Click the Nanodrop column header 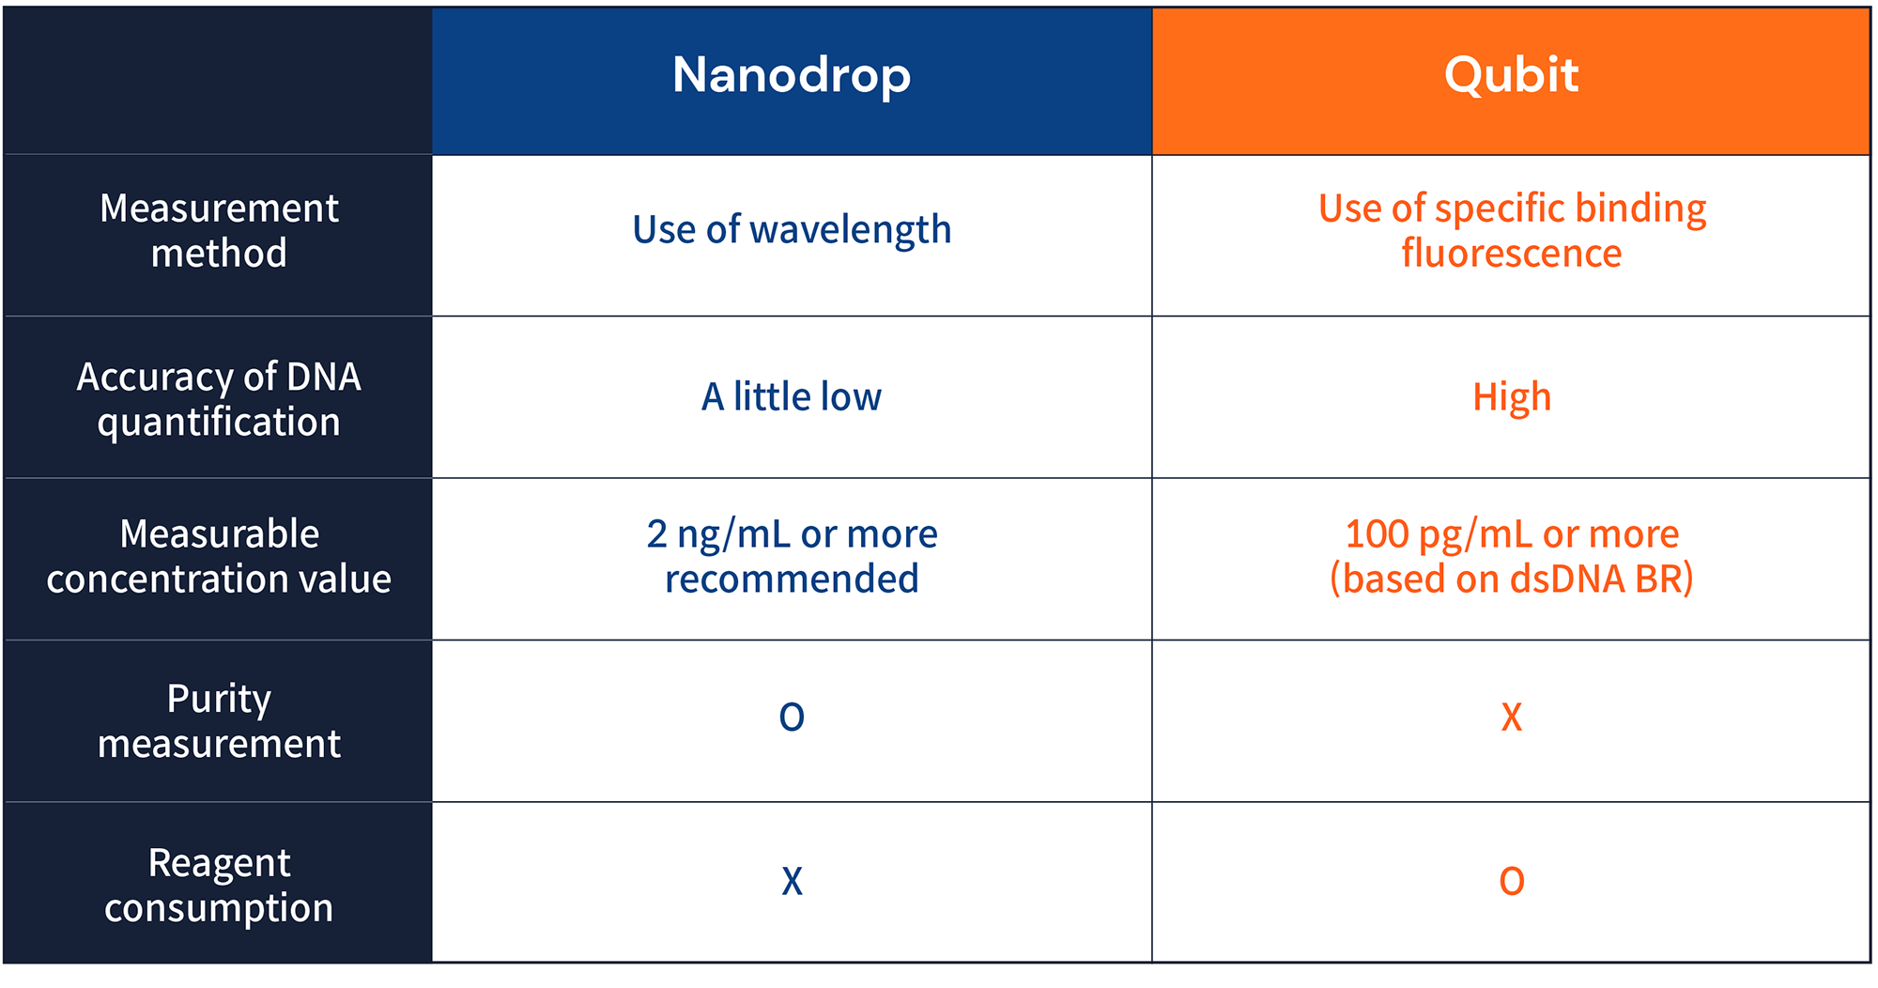(x=792, y=76)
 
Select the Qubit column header (x=1511, y=76)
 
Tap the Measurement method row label (x=219, y=231)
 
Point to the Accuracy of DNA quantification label (x=219, y=399)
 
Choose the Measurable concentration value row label (x=219, y=556)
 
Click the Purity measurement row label (x=219, y=720)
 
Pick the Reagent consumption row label (x=219, y=885)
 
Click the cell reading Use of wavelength (x=792, y=230)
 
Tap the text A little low (x=792, y=397)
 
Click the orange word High (x=1512, y=397)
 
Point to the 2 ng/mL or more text (x=792, y=534)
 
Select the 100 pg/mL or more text (x=1512, y=534)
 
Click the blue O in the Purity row (x=792, y=718)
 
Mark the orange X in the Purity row (x=1512, y=718)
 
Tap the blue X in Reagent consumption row (x=792, y=882)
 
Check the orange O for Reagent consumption (x=1512, y=882)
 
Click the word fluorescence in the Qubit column (x=1512, y=254)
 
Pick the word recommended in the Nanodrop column (x=792, y=579)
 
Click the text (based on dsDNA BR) (x=1512, y=579)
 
